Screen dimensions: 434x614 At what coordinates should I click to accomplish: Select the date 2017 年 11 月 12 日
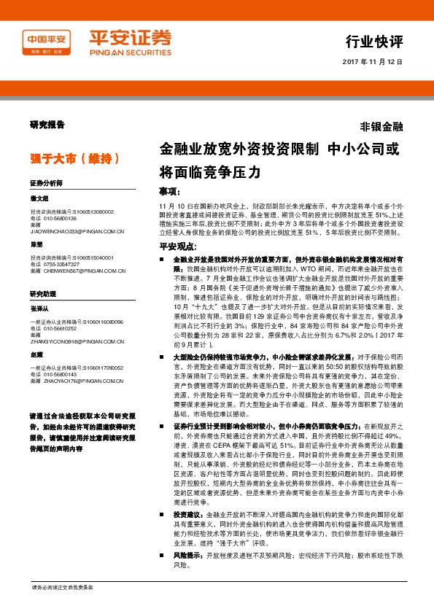[372, 63]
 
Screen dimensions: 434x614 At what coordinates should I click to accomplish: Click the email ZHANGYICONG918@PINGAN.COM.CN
[78, 341]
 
